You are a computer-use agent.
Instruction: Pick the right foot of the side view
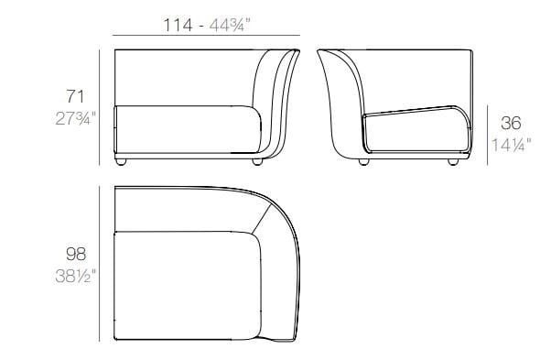click(x=453, y=163)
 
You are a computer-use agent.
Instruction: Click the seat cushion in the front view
click(x=183, y=128)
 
